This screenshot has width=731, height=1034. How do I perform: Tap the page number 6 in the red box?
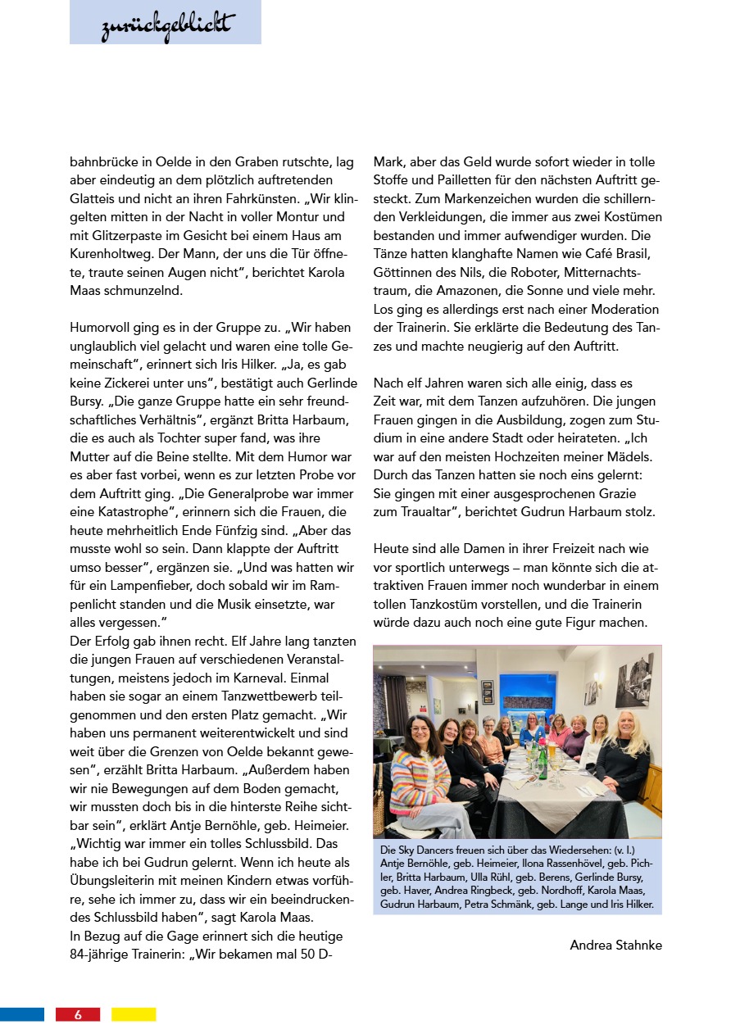[78, 1014]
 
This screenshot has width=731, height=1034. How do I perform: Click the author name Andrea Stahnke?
[615, 945]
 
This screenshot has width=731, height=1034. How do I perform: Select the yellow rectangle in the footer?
[134, 1014]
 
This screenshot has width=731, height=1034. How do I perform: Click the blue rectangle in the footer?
[22, 1014]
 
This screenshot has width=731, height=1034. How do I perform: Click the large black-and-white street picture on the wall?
[633, 680]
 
